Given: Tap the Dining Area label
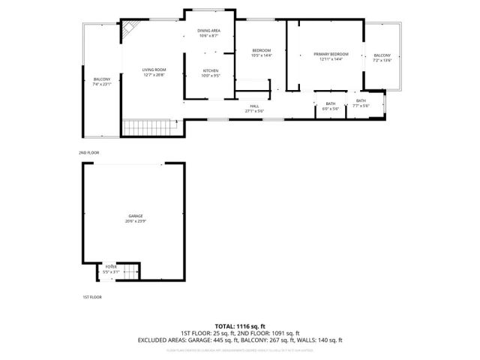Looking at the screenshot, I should [208, 33].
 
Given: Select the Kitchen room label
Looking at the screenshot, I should [210, 73].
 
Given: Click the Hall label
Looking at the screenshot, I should [254, 109].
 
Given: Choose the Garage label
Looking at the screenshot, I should [135, 218].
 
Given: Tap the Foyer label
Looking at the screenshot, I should [111, 268].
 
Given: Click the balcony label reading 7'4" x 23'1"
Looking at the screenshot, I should [102, 82].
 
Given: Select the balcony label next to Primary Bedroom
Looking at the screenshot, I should [382, 58].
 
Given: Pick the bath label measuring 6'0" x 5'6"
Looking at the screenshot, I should [330, 106].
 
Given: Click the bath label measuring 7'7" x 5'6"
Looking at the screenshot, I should [361, 103].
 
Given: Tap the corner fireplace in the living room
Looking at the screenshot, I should [130, 28].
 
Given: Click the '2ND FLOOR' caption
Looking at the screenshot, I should [88, 152].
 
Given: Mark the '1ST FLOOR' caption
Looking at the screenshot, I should [91, 297].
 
